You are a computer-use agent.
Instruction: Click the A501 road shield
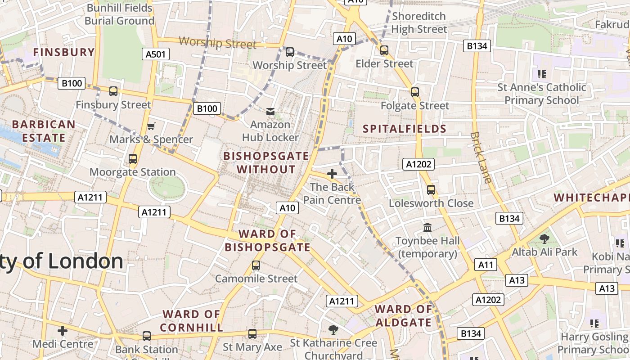(156, 54)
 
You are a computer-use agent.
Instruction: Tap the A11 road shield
(486, 265)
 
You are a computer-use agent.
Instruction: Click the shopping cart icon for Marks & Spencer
(151, 126)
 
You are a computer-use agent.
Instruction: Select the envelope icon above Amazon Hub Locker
(270, 111)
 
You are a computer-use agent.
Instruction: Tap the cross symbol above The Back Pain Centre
(332, 174)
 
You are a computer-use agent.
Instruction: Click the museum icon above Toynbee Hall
(427, 228)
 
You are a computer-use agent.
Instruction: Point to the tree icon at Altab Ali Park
(544, 238)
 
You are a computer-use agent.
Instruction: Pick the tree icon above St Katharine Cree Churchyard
(333, 330)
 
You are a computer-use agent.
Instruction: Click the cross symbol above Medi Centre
(63, 331)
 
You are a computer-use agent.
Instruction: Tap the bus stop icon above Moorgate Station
(132, 159)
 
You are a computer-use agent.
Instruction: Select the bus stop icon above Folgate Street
(414, 92)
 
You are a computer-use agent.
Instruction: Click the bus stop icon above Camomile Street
(256, 265)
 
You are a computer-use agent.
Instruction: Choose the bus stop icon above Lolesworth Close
(431, 190)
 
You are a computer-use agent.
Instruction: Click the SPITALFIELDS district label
(405, 129)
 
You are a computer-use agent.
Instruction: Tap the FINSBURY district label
(64, 52)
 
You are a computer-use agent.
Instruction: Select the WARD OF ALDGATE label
(403, 316)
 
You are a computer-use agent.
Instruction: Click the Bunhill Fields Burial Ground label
(119, 14)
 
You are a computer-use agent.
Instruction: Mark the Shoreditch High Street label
(419, 22)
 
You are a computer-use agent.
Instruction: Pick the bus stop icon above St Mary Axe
(252, 334)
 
